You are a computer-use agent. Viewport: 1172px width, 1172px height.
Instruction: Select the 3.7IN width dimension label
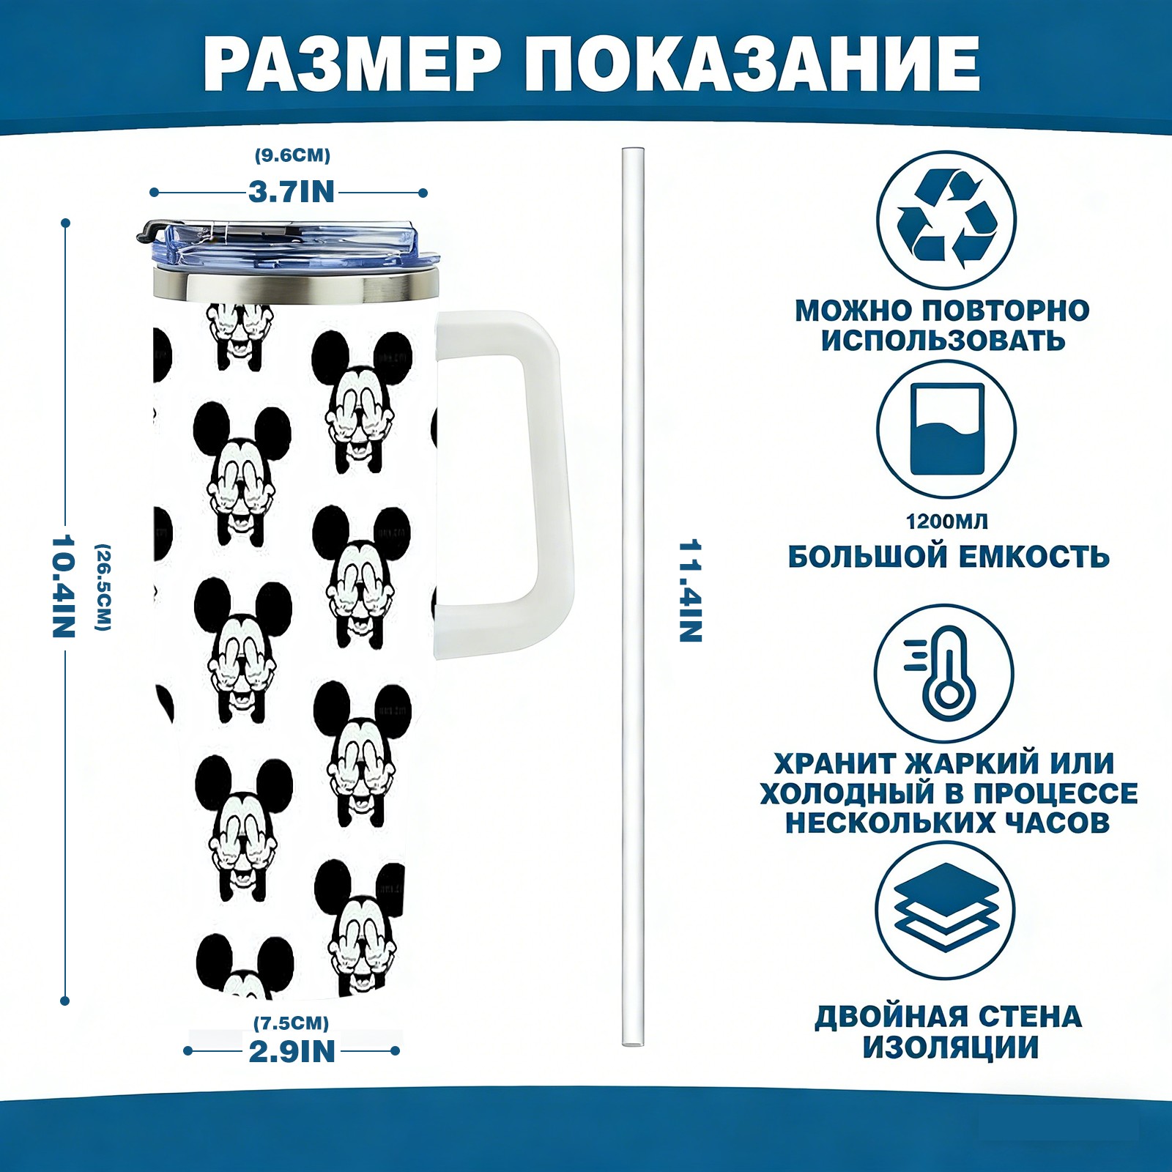point(291,192)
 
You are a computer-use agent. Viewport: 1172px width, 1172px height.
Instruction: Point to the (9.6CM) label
point(292,155)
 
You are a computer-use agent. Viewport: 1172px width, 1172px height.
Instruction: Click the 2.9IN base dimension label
point(292,1052)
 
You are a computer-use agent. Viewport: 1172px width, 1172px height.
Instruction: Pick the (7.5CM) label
point(292,1023)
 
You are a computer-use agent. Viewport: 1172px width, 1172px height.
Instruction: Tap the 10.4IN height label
point(63,586)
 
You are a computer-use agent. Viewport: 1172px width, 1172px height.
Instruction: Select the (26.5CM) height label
point(103,587)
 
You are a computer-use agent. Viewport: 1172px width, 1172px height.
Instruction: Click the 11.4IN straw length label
point(690,591)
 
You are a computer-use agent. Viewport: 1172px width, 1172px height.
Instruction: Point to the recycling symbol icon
point(946,219)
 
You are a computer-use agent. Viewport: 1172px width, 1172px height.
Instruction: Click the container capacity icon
point(946,429)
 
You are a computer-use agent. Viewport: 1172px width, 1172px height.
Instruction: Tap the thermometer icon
point(945,673)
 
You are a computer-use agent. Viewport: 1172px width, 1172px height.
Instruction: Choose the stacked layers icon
point(946,910)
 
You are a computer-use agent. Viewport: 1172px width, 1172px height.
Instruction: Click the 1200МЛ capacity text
point(946,522)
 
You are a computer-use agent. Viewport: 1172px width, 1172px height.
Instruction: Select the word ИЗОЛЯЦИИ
point(950,1047)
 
